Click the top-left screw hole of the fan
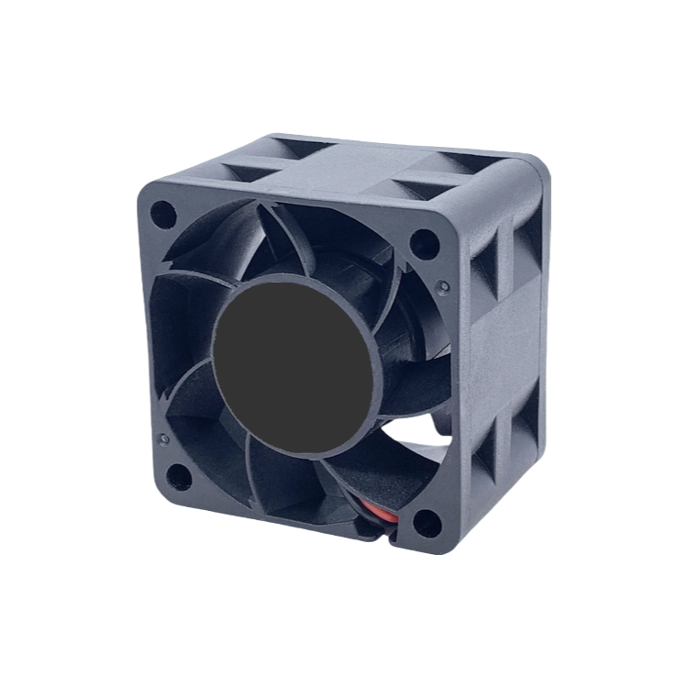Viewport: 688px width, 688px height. pos(163,215)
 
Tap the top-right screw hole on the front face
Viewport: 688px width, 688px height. pos(424,243)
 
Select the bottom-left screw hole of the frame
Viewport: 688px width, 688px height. pos(180,477)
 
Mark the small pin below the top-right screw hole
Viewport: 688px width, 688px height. pos(443,286)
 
